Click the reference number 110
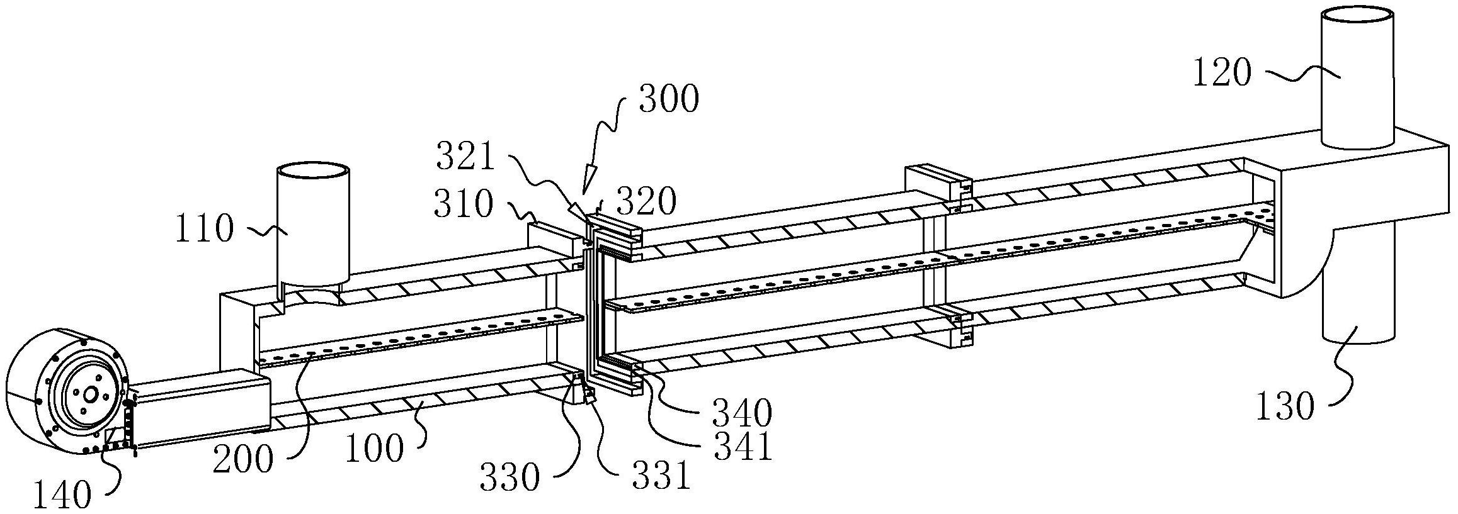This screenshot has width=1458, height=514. [203, 229]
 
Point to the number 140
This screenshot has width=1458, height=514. [62, 496]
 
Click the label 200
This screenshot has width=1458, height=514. [242, 459]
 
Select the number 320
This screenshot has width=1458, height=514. [646, 201]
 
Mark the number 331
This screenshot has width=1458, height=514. [661, 476]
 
